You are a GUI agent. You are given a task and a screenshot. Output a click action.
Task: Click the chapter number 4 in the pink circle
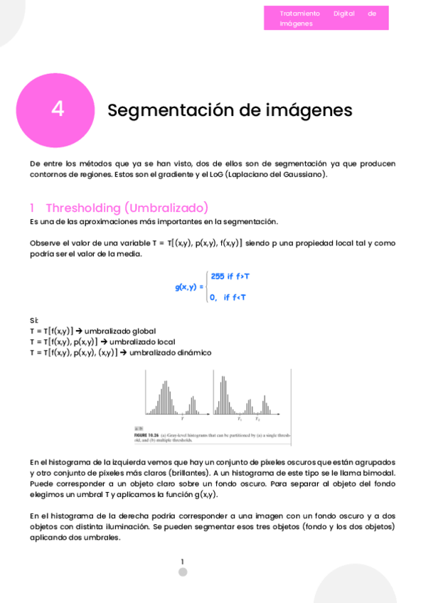(x=58, y=110)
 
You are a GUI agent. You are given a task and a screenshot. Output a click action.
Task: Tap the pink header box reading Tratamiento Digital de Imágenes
(x=326, y=18)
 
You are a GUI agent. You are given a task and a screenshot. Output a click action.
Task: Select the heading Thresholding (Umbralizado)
(x=127, y=208)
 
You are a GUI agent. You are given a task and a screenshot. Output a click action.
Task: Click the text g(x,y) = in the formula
(x=189, y=287)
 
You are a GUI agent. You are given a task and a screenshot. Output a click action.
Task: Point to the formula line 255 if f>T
(x=230, y=276)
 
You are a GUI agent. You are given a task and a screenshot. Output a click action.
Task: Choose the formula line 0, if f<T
(x=228, y=297)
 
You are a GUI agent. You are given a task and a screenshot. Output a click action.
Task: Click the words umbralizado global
(x=120, y=331)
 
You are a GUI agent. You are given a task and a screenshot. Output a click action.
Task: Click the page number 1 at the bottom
(x=182, y=561)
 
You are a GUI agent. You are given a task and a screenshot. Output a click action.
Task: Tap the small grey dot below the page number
(x=182, y=572)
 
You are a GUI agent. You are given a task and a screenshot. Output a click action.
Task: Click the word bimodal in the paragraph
(x=376, y=473)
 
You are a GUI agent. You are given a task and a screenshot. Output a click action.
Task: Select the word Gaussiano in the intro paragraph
(x=301, y=174)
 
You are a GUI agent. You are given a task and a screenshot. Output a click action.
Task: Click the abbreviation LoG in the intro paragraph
(x=217, y=174)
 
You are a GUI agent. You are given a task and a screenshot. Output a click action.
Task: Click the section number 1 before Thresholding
(x=32, y=208)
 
